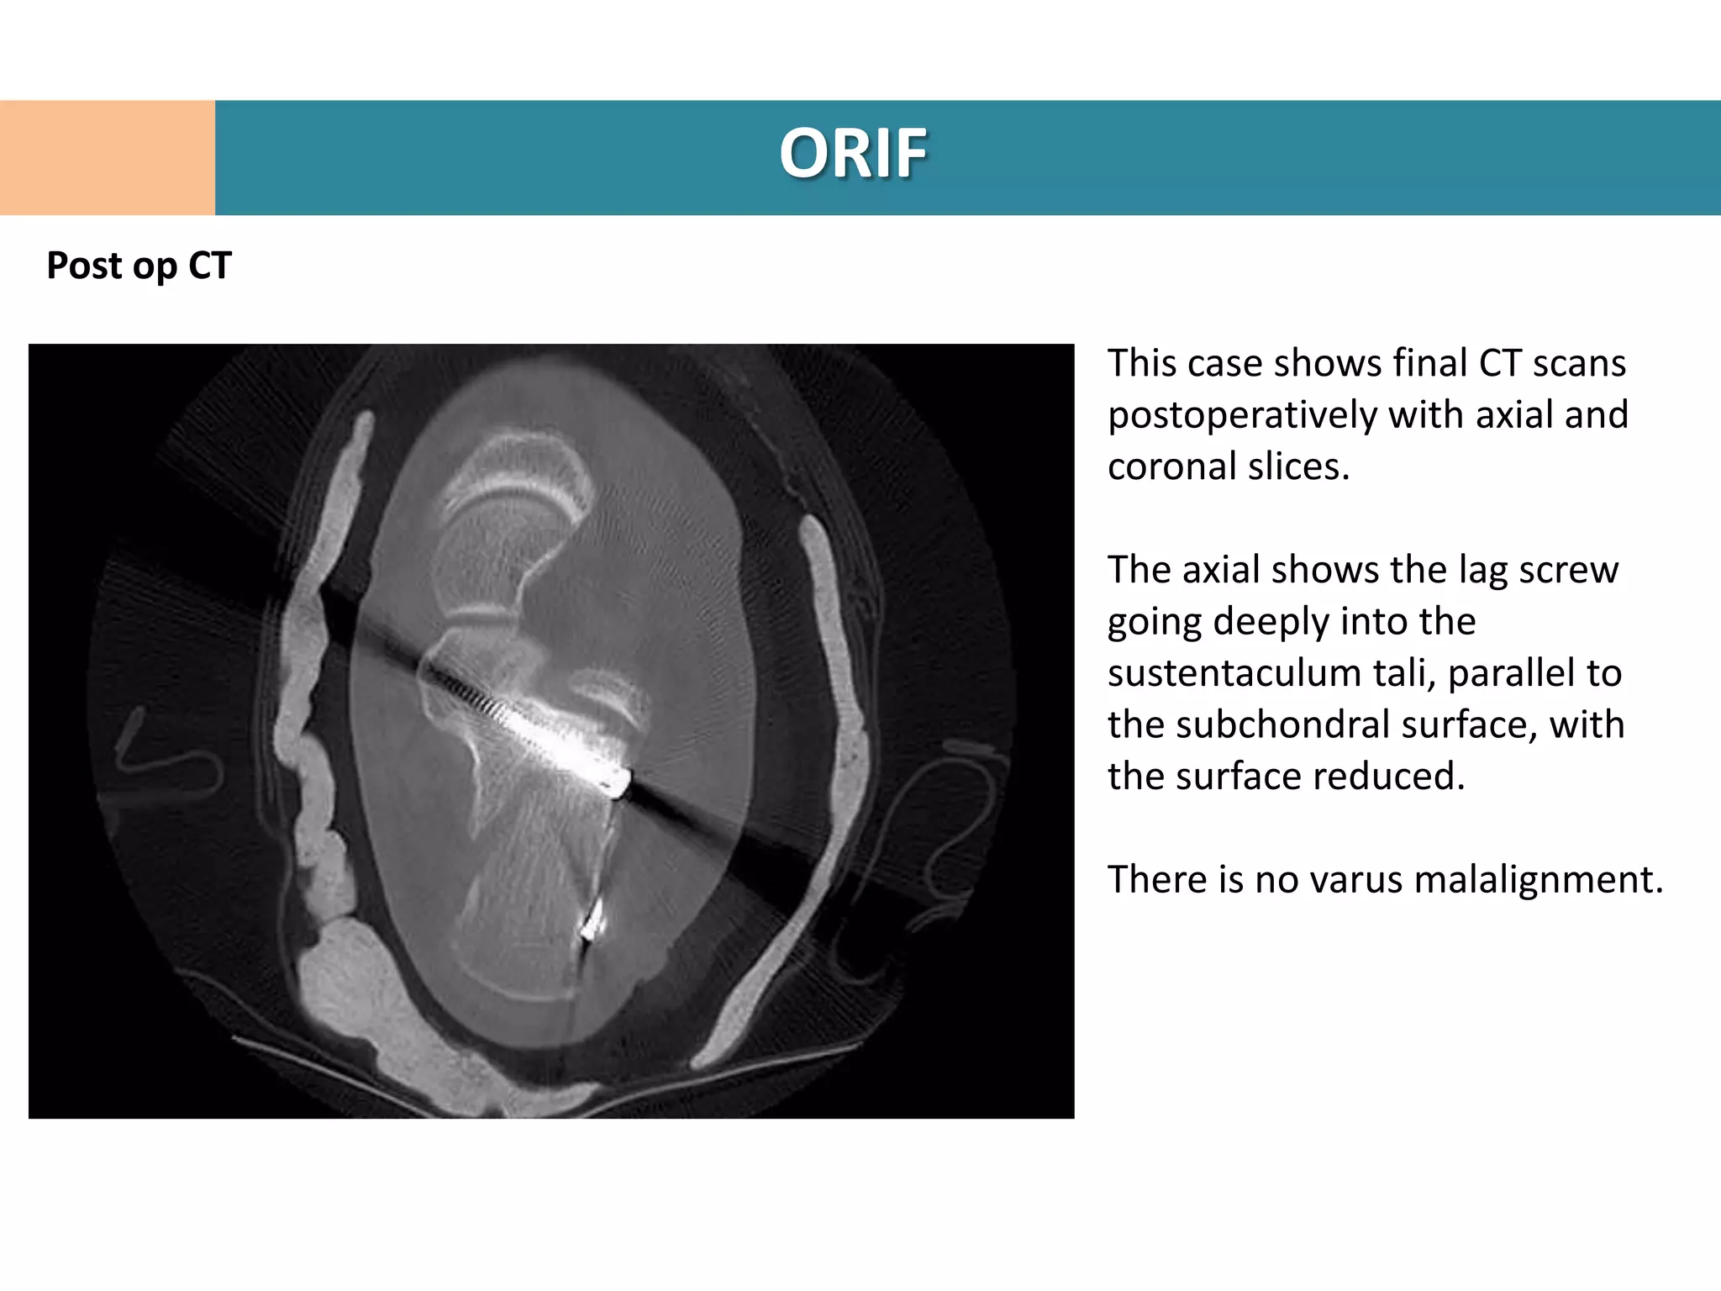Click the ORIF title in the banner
pyautogui.click(x=853, y=154)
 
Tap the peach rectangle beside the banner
pyautogui.click(x=107, y=157)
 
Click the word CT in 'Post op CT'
pyautogui.click(x=209, y=266)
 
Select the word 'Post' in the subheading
pyautogui.click(x=80, y=266)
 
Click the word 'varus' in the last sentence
pyautogui.click(x=1350, y=880)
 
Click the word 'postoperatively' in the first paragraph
pyautogui.click(x=1242, y=415)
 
